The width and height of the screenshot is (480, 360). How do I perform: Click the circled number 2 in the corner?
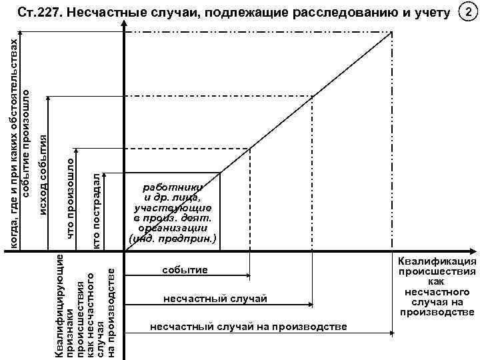pos(469,13)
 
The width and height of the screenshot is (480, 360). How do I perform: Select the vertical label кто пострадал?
pos(97,211)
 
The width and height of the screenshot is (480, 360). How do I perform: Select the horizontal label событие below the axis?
pos(185,271)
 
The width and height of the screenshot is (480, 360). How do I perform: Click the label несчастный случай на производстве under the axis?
pos(249,326)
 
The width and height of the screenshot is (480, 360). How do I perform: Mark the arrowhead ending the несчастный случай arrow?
pos(308,304)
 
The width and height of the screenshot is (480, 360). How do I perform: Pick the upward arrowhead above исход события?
pos(47,99)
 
